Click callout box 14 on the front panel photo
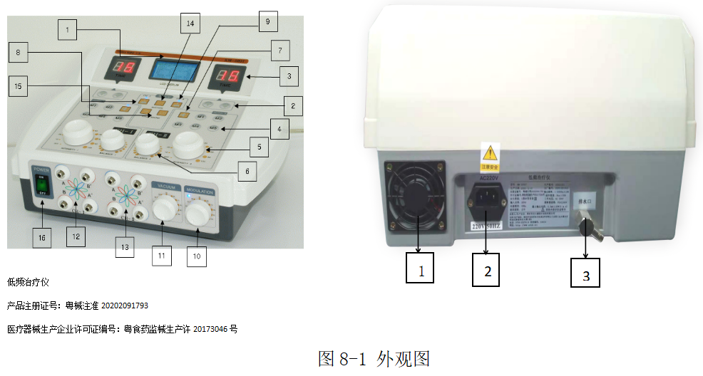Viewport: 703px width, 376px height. click(190, 24)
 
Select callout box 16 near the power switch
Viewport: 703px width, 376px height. click(41, 238)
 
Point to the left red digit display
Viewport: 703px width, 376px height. click(122, 68)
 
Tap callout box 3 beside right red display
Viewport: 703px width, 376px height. click(289, 75)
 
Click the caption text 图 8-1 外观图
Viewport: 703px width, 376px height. click(374, 358)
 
